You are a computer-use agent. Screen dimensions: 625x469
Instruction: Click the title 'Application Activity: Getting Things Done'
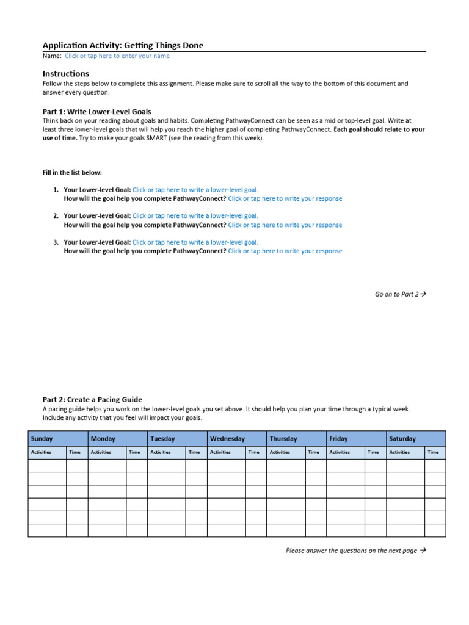coord(123,45)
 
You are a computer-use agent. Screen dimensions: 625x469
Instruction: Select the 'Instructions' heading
coord(65,74)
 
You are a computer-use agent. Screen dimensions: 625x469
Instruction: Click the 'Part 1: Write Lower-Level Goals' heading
coord(96,112)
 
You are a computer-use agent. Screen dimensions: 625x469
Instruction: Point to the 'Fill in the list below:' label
coord(72,173)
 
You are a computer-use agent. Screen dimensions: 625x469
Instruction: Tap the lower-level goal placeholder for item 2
coord(195,216)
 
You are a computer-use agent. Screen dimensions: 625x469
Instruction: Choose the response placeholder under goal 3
coord(285,251)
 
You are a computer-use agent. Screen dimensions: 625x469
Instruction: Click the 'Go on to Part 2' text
coord(400,294)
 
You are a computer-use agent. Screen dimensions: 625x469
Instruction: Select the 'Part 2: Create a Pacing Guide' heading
coord(92,400)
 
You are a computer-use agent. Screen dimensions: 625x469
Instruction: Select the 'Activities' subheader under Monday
coord(101,452)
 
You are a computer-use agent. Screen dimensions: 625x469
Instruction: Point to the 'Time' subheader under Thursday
coord(313,452)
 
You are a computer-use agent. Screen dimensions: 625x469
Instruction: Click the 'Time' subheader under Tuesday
coord(194,452)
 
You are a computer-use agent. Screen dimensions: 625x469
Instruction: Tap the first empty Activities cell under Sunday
coord(47,466)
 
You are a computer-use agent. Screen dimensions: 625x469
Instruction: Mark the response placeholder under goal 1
coord(285,198)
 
